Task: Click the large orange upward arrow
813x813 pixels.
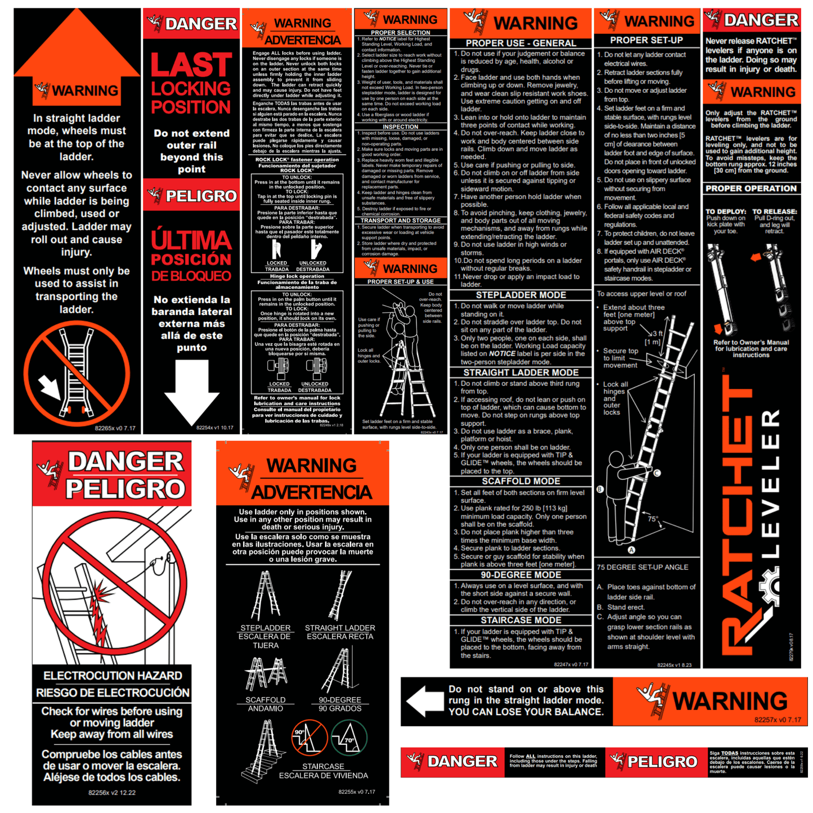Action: click(77, 48)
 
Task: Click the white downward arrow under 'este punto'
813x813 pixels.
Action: click(192, 392)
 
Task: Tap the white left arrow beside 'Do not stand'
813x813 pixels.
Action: click(425, 701)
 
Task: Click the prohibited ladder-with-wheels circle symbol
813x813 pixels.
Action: click(77, 372)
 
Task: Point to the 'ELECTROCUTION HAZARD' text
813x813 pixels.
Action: click(113, 676)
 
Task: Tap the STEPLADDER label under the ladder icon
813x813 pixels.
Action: click(266, 628)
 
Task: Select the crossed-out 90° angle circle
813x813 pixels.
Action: click(309, 738)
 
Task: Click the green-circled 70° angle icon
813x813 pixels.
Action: click(349, 738)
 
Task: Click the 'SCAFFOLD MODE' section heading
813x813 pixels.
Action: click(520, 482)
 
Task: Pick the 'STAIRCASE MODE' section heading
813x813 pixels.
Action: click(520, 621)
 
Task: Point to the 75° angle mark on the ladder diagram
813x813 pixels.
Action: click(653, 519)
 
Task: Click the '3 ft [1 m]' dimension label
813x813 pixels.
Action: click(653, 338)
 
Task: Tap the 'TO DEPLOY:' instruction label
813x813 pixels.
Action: click(726, 212)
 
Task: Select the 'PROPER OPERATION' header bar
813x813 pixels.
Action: click(751, 188)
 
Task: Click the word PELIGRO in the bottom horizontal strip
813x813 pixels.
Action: click(662, 762)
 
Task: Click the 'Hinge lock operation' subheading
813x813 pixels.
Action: click(297, 276)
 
